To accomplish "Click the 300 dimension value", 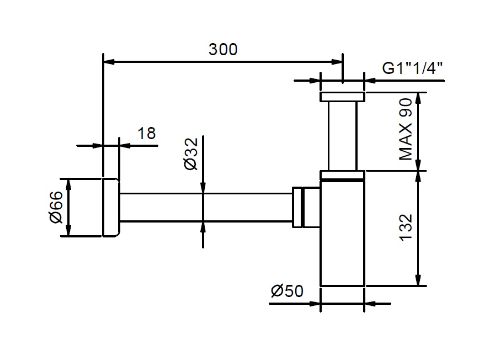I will click(x=223, y=49).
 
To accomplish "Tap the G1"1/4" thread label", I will click(x=413, y=68).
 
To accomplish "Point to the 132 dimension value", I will click(x=406, y=228).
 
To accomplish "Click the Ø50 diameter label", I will click(x=287, y=291).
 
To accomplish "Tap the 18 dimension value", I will click(x=146, y=133).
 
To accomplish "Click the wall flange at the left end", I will click(x=110, y=207).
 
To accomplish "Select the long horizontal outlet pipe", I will click(x=204, y=207).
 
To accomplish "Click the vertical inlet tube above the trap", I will click(x=342, y=135).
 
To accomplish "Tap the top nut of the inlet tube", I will click(x=342, y=97).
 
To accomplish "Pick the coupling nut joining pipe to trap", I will click(x=300, y=207).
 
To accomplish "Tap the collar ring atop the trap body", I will click(x=342, y=176).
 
